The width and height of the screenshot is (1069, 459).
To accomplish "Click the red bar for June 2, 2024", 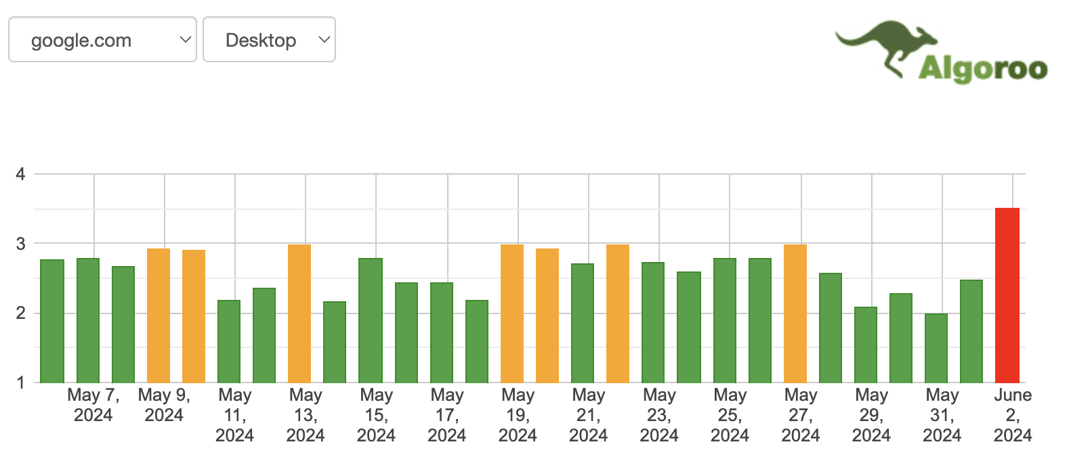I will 1007,295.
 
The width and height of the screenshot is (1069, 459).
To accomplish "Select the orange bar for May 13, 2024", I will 299,313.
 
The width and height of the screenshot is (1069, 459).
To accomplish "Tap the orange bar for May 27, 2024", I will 795,313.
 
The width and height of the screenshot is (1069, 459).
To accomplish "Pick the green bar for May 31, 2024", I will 936,348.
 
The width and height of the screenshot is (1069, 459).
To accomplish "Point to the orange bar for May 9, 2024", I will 159,315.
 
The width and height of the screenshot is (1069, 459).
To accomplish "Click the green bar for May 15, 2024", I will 371,320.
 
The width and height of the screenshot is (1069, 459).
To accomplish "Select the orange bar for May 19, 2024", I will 512,313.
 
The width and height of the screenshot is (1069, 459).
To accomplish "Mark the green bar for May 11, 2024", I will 229,341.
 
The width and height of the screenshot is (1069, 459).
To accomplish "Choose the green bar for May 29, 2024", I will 866,345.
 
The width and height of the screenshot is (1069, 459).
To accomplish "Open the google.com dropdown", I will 102,40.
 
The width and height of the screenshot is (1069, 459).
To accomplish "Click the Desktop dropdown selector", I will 269,40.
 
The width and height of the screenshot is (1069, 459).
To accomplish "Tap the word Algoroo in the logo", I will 982,69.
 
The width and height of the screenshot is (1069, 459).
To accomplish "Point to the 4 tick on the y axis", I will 20,174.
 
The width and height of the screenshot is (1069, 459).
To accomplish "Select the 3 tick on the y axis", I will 20,244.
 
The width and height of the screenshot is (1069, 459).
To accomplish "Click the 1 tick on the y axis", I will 20,383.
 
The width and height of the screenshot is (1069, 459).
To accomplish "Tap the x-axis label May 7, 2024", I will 93,405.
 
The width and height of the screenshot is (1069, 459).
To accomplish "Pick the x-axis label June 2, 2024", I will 1013,414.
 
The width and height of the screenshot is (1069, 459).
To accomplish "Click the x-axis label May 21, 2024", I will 589,414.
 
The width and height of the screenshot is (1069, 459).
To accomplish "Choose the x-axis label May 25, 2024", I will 730,414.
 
